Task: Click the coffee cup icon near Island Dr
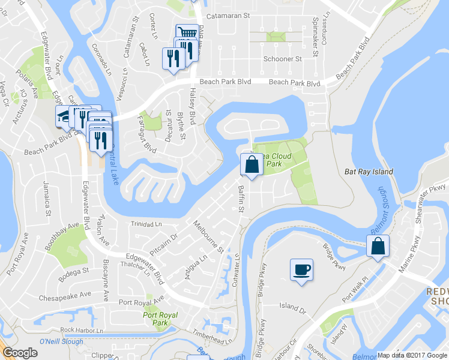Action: pyautogui.click(x=301, y=269)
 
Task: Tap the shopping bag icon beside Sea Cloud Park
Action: pyautogui.click(x=252, y=164)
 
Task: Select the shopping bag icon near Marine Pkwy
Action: pyautogui.click(x=378, y=245)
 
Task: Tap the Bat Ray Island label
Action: pyautogui.click(x=369, y=172)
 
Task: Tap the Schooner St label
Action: pyautogui.click(x=282, y=59)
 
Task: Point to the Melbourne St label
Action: pyautogui.click(x=208, y=236)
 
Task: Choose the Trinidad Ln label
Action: pyautogui.click(x=146, y=224)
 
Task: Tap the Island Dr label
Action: pyautogui.click(x=292, y=306)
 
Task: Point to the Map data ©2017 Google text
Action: pyautogui.click(x=412, y=355)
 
